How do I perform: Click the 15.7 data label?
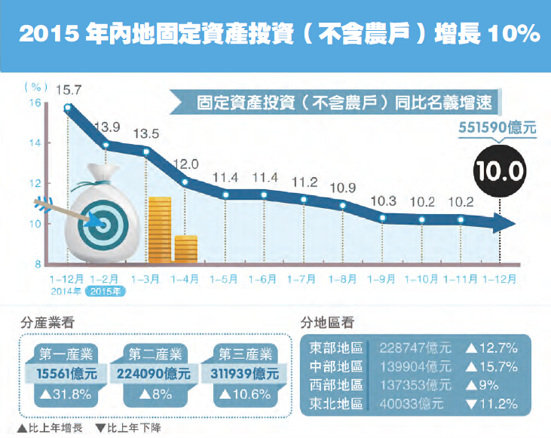pyautogui.click(x=69, y=90)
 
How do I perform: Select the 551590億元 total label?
pyautogui.click(x=497, y=128)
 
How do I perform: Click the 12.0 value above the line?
pyautogui.click(x=185, y=164)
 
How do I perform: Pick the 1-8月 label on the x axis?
pyautogui.click(x=342, y=279)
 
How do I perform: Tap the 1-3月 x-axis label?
pyautogui.click(x=145, y=279)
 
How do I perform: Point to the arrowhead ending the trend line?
pyautogui.click(x=504, y=222)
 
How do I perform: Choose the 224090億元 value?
pyautogui.click(x=155, y=374)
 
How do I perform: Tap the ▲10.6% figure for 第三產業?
pyautogui.click(x=244, y=394)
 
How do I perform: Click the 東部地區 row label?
pyautogui.click(x=337, y=348)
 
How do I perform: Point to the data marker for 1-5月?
pyautogui.click(x=225, y=194)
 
